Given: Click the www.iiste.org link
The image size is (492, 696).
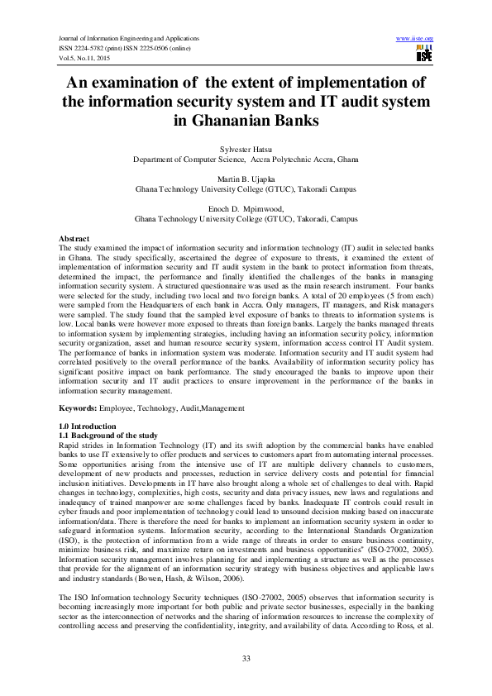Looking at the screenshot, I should (x=415, y=39).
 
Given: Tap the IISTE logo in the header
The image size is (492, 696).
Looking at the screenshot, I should (x=425, y=54).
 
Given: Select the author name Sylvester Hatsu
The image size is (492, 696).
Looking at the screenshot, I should (x=246, y=150).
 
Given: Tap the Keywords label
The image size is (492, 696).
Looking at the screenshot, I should (x=82, y=409).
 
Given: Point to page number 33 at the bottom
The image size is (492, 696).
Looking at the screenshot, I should (x=246, y=657).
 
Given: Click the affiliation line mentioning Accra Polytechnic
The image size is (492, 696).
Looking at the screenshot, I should (x=246, y=158).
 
